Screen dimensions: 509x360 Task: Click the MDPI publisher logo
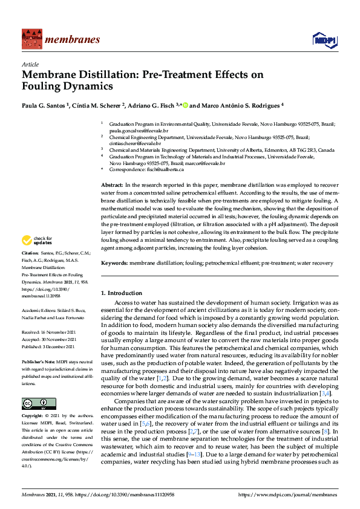point(325,40)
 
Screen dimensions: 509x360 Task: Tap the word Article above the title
point(30,65)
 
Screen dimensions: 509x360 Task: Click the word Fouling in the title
point(44,86)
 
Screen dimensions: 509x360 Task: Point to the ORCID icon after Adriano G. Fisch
point(185,105)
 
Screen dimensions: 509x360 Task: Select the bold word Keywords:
point(115,264)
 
